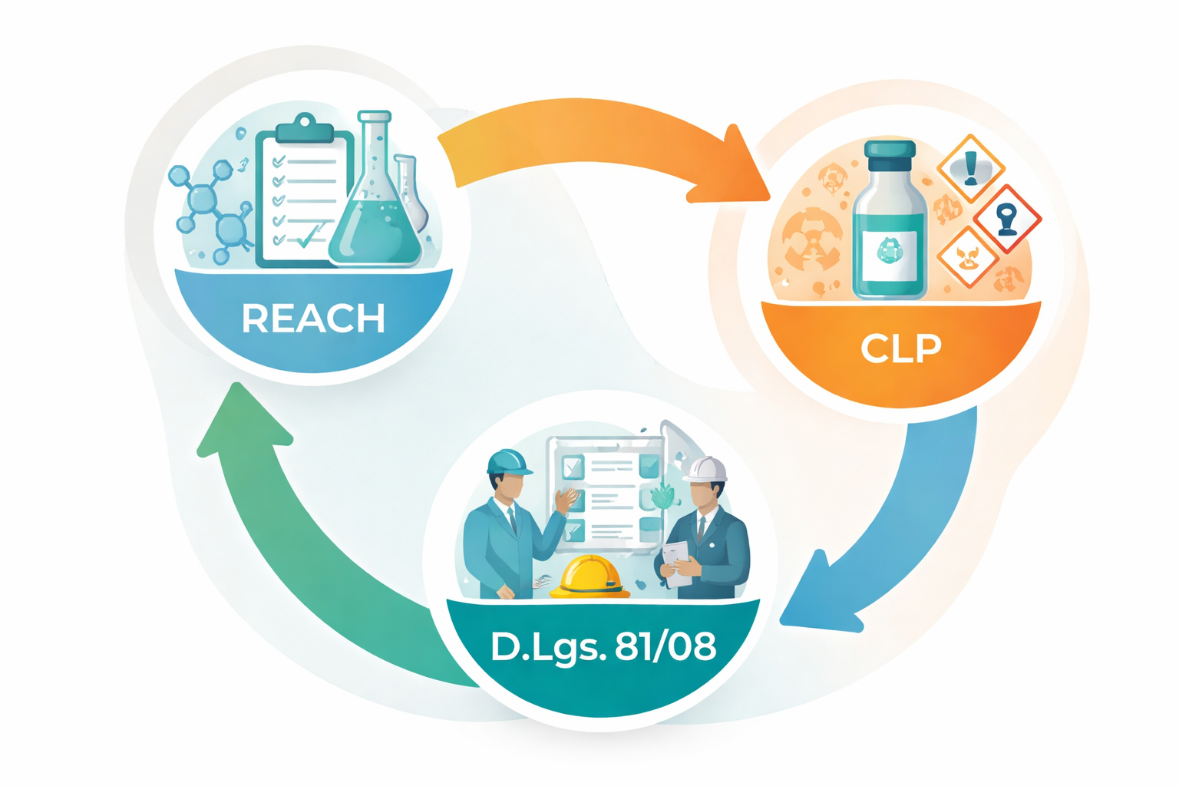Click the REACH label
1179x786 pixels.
[x=313, y=319]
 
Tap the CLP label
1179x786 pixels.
[x=900, y=348]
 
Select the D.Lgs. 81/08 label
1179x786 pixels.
[x=603, y=647]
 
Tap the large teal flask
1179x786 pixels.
[x=375, y=215]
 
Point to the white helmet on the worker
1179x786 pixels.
[x=705, y=468]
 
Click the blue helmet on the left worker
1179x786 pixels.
[x=508, y=461]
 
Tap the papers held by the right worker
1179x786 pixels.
[x=677, y=560]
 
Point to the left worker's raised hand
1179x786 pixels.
[x=569, y=499]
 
